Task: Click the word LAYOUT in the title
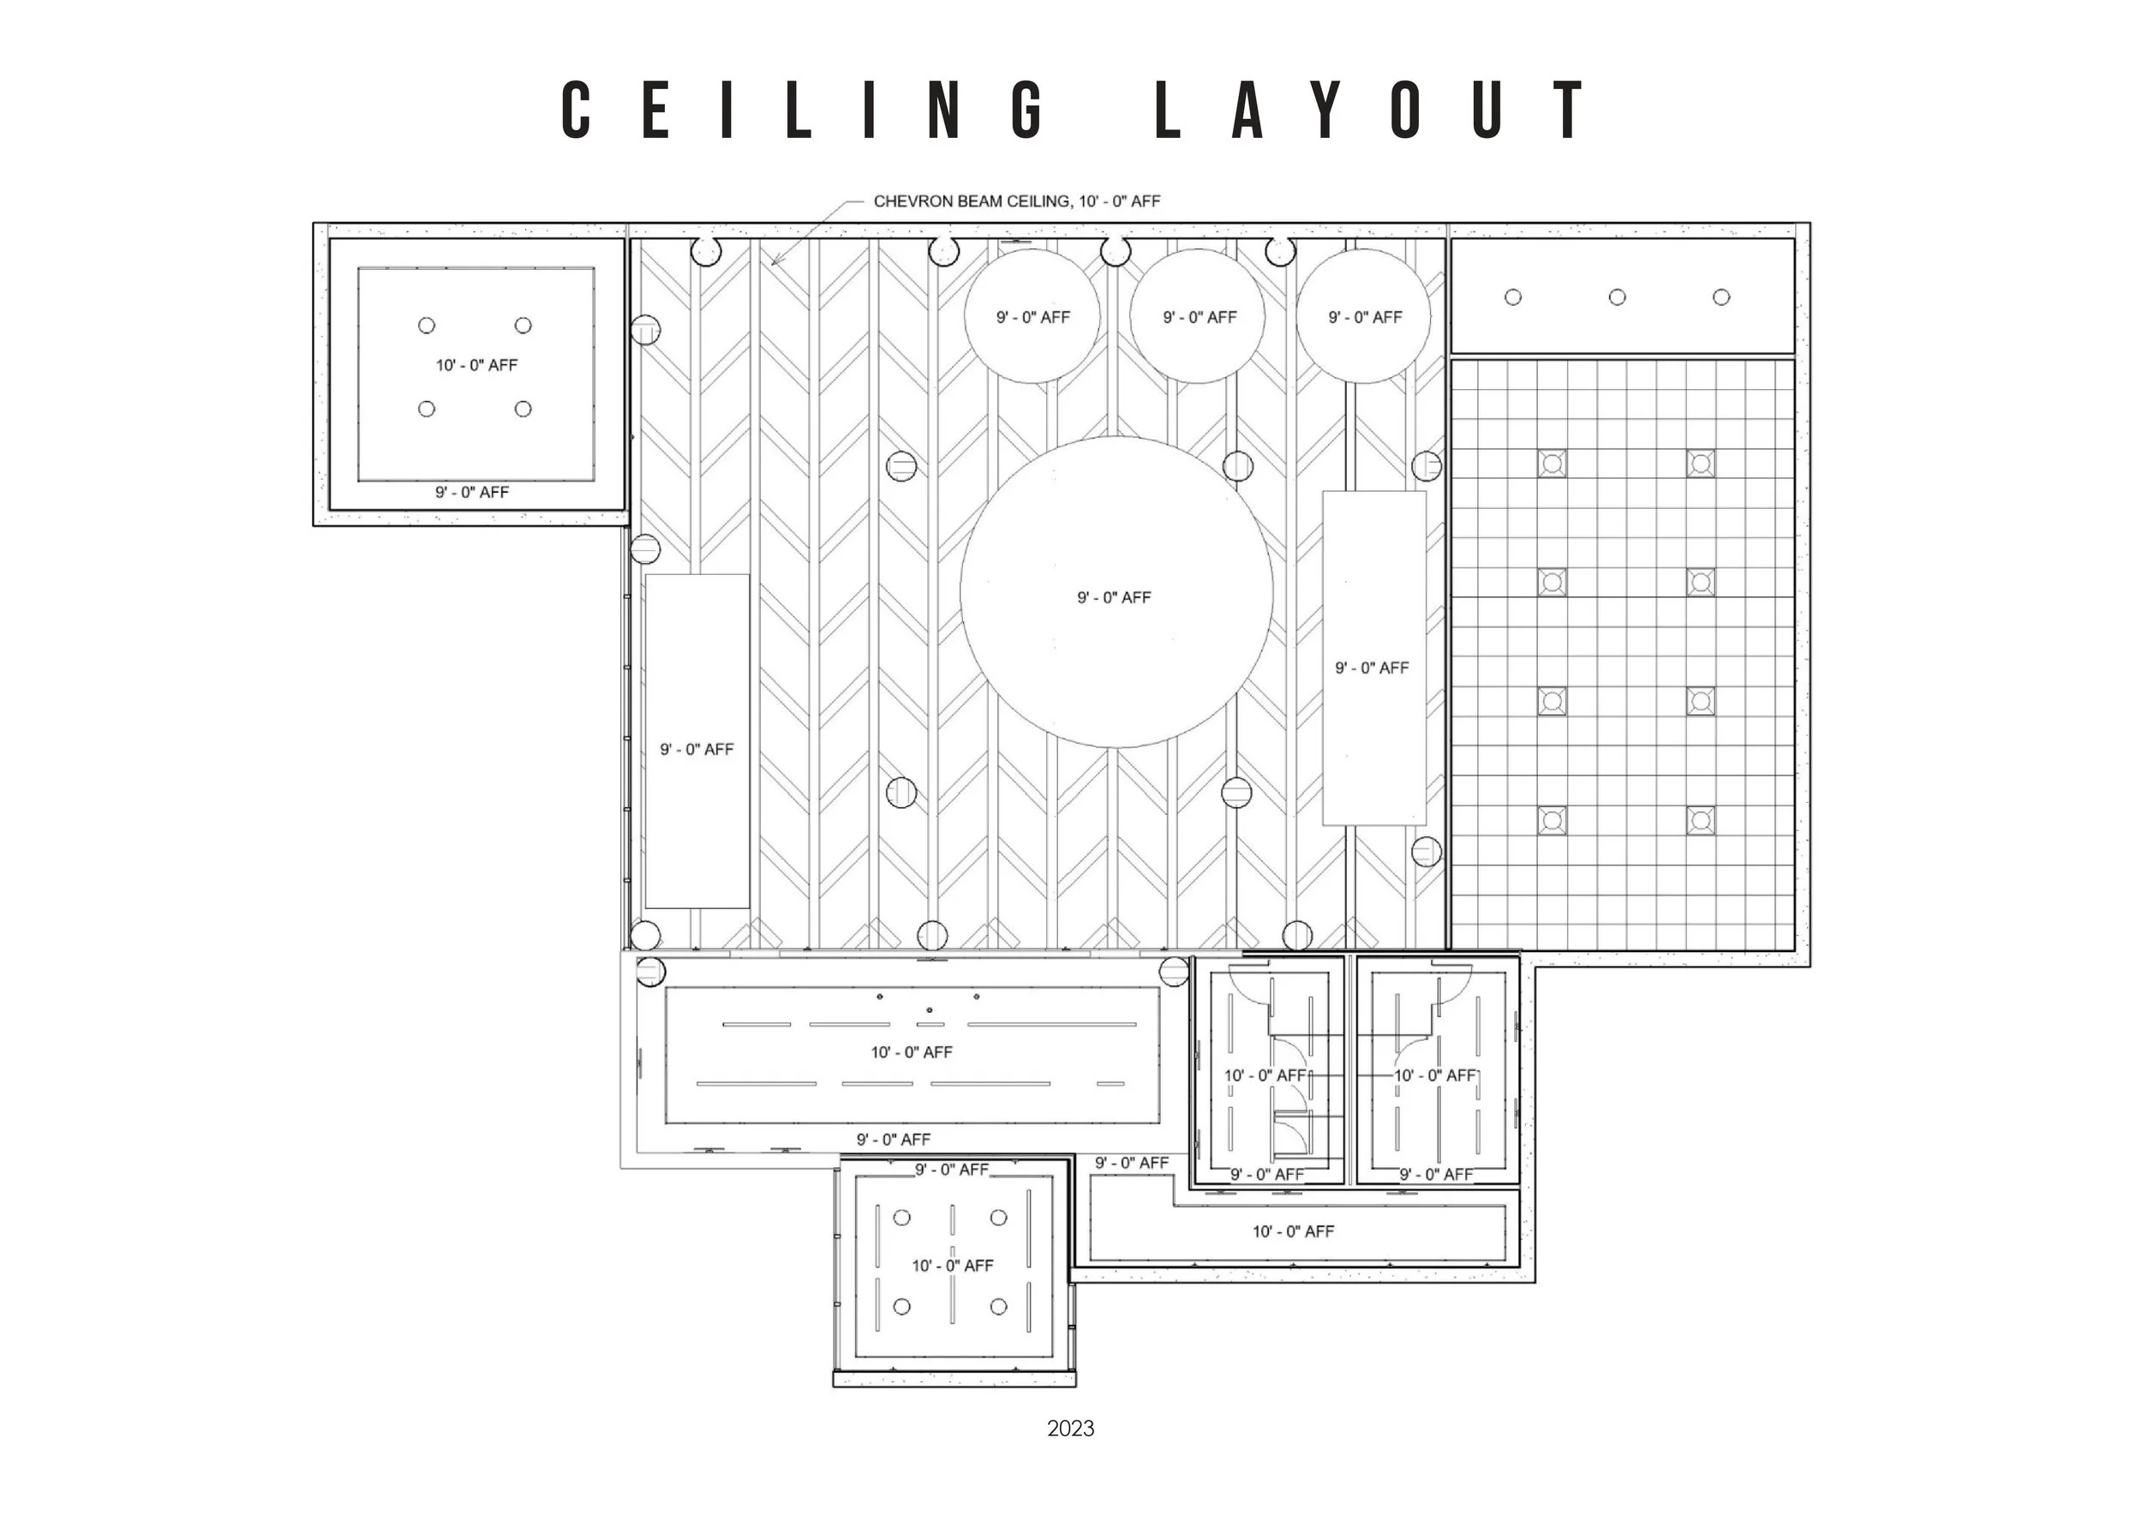(1369, 110)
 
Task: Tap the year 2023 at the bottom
(1070, 1428)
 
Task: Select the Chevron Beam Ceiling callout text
(1017, 201)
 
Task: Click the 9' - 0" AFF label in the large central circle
(1114, 597)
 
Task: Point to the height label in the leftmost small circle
(1032, 317)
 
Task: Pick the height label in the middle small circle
(1199, 317)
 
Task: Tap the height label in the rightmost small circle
(1365, 317)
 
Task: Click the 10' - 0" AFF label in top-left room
(476, 365)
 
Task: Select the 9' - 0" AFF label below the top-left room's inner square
(472, 492)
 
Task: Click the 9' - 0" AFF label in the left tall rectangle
(697, 749)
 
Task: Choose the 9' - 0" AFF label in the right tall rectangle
(1372, 668)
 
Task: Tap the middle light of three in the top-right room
(1617, 296)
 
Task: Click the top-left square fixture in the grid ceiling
(1552, 463)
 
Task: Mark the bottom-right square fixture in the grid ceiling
(1701, 821)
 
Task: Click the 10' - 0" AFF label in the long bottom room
(912, 1052)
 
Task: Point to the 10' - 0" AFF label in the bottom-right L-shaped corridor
(1293, 1231)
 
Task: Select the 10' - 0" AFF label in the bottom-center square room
(953, 1266)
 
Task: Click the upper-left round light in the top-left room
(427, 326)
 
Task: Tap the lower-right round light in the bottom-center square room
(998, 1307)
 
